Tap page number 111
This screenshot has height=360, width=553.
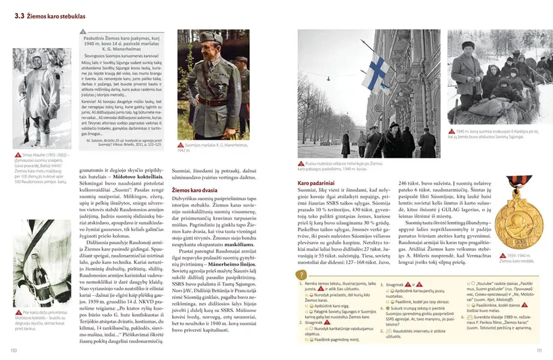(x=539, y=350)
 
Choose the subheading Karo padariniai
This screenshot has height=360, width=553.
(x=316, y=181)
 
